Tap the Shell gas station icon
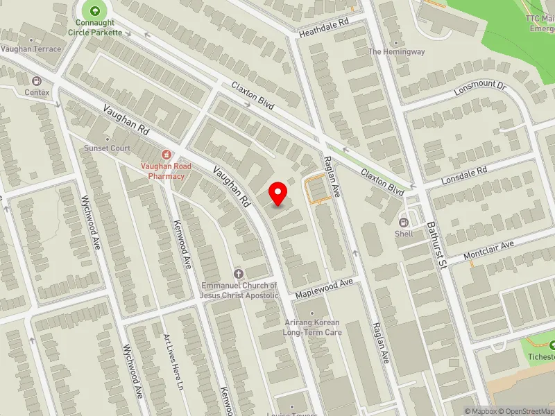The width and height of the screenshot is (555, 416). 404,222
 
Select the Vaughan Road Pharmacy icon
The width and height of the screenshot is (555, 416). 166,154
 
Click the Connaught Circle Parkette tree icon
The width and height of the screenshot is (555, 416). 94,10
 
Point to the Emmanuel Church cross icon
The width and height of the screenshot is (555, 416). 239,274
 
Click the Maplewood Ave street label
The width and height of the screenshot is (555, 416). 325,288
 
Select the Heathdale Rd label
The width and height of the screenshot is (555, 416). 323,28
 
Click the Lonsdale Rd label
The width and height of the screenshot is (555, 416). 465,175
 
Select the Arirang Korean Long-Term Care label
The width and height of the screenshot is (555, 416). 311,327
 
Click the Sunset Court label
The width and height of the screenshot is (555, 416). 107,148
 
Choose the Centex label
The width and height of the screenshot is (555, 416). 37,92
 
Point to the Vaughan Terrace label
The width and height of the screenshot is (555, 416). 31,49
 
